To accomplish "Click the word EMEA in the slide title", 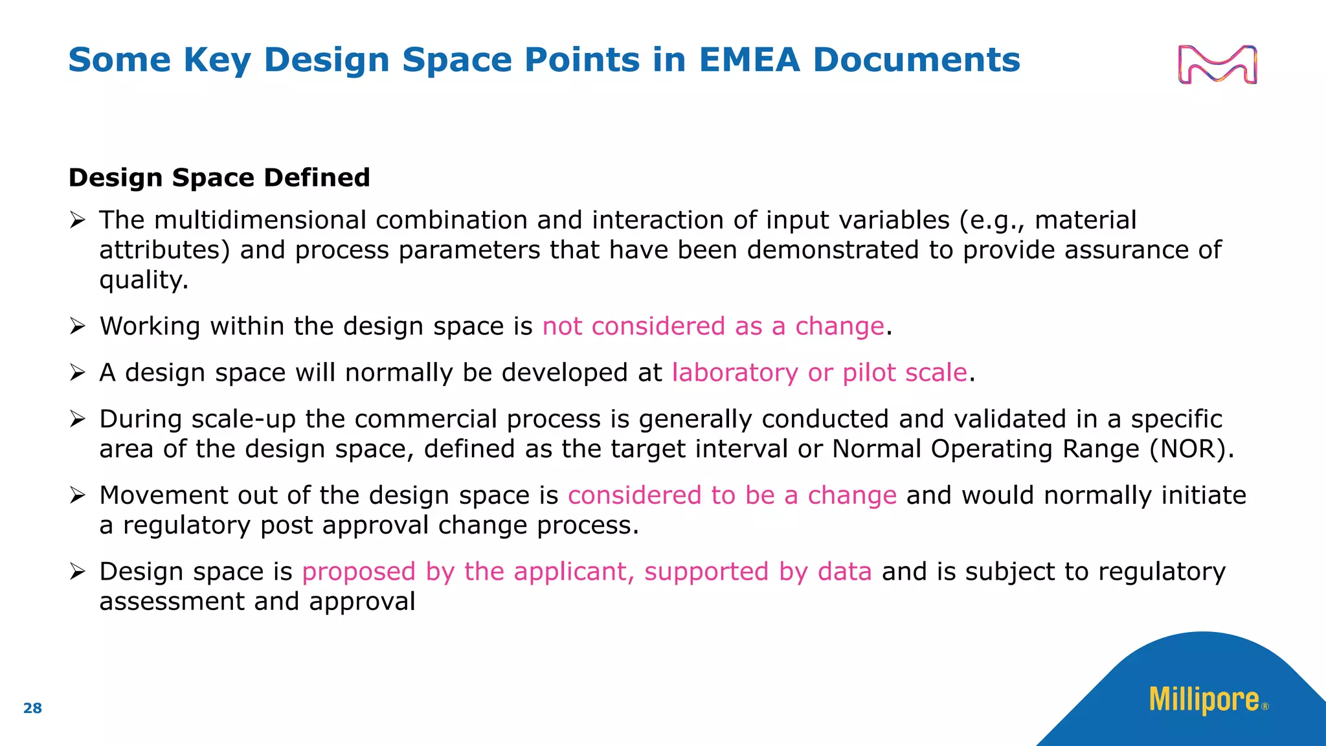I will (x=749, y=60).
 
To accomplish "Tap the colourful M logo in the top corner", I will (x=1217, y=65).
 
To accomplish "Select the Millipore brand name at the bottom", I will (x=1204, y=700).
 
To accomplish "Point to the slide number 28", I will (x=32, y=708).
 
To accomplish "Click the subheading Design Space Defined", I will (x=219, y=177).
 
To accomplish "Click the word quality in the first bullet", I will (x=143, y=280).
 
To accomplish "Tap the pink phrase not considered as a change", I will (x=713, y=326).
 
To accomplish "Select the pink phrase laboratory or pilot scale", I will (x=819, y=373).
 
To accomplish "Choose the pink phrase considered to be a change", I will (x=732, y=495).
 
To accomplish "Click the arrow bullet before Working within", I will (x=78, y=326).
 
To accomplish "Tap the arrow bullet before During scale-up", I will (x=78, y=420).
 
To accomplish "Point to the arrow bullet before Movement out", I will (x=78, y=496).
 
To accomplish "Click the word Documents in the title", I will (x=916, y=60).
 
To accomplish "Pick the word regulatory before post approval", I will (x=186, y=525).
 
